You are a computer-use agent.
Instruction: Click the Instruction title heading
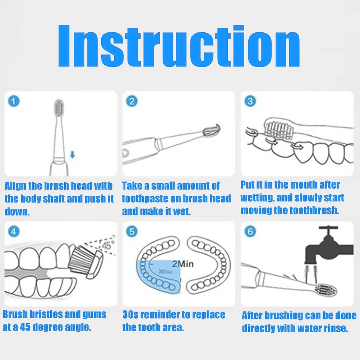click(179, 46)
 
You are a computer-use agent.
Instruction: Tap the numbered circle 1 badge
click(14, 101)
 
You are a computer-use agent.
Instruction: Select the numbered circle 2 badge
click(132, 101)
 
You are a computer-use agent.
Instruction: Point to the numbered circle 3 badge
click(250, 101)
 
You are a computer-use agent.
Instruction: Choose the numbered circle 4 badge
click(14, 231)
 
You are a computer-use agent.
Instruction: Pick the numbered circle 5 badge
click(132, 231)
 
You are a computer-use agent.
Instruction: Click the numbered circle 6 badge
click(250, 231)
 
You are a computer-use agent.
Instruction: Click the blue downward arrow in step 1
click(73, 155)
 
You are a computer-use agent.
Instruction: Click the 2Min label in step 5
click(183, 264)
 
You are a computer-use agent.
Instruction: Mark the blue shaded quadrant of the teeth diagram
click(158, 277)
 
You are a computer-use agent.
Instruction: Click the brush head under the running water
click(326, 290)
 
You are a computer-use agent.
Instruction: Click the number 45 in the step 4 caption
click(25, 327)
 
